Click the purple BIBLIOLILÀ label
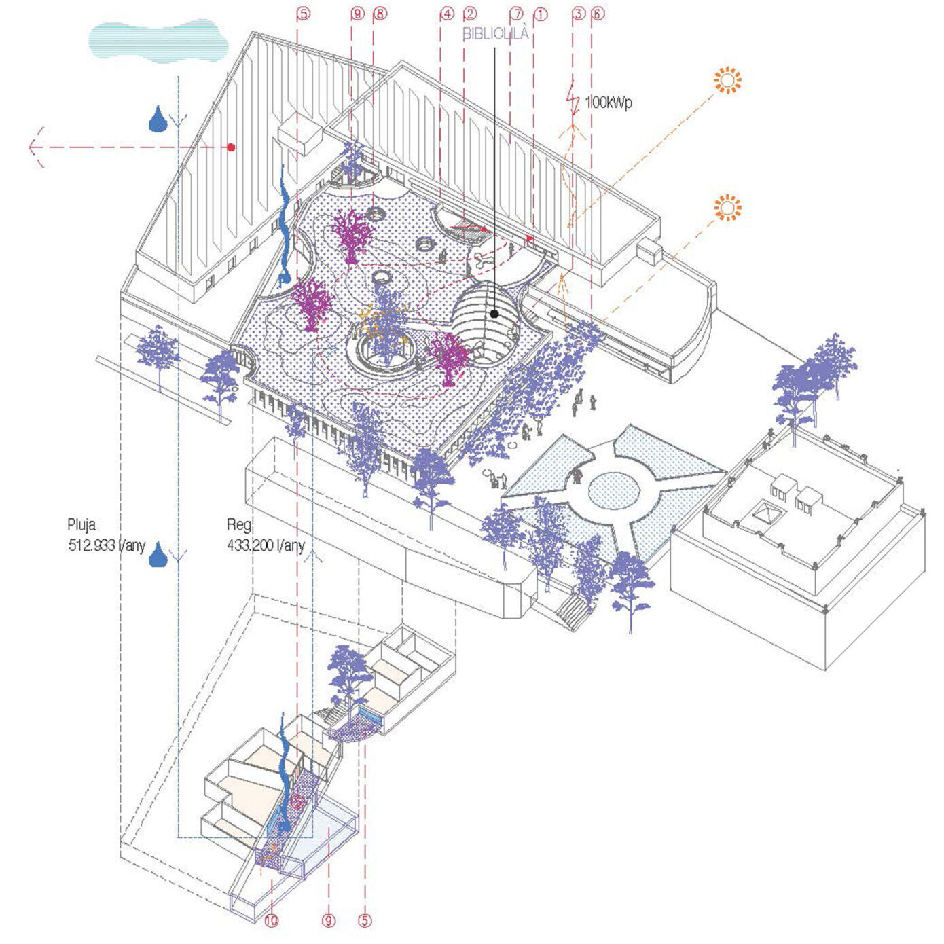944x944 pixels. pyautogui.click(x=495, y=34)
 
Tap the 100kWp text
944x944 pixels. pyautogui.click(x=609, y=103)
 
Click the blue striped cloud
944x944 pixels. pyautogui.click(x=157, y=40)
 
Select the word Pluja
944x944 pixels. pyautogui.click(x=81, y=524)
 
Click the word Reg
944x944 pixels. pyautogui.click(x=239, y=524)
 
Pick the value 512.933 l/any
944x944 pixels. pyautogui.click(x=107, y=545)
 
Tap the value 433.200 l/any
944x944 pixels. pyautogui.click(x=266, y=545)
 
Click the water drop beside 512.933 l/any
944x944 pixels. pyautogui.click(x=158, y=554)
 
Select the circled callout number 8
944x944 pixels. pyautogui.click(x=380, y=14)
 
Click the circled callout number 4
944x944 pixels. pyautogui.click(x=447, y=14)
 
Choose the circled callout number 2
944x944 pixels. pyautogui.click(x=470, y=14)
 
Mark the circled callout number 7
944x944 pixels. pyautogui.click(x=517, y=14)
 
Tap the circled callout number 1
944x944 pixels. pyautogui.click(x=541, y=14)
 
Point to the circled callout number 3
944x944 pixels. pyautogui.click(x=578, y=14)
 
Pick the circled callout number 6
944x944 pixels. pyautogui.click(x=597, y=14)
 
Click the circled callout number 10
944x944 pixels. pyautogui.click(x=272, y=921)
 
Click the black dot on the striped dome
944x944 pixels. pyautogui.click(x=495, y=314)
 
